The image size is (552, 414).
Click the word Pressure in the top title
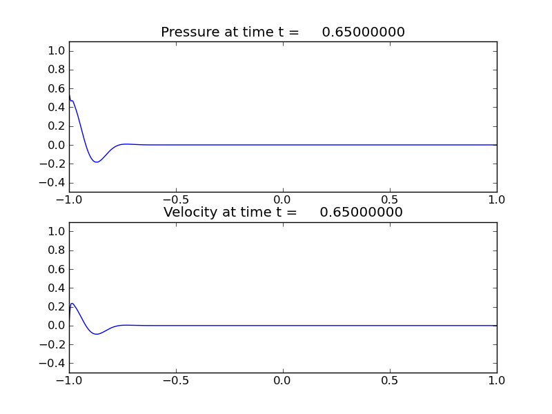(188, 32)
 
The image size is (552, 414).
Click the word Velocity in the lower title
(190, 213)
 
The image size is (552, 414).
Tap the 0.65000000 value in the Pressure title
(363, 32)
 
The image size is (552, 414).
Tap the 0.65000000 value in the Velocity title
(361, 213)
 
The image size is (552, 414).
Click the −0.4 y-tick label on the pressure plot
(54, 183)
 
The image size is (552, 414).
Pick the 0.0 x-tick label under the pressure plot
(283, 200)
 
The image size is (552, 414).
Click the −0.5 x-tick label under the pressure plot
(175, 200)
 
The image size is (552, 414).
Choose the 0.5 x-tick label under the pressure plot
(390, 200)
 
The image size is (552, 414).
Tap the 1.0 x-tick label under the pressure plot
(497, 200)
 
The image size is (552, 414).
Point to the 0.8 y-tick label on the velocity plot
(57, 250)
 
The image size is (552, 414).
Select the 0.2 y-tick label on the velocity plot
(57, 306)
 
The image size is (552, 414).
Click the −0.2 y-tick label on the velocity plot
(54, 344)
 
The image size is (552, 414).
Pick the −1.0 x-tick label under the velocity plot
(68, 380)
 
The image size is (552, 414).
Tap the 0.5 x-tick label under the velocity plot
(390, 380)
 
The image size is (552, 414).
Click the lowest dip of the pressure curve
(97, 162)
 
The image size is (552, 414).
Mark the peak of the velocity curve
(72, 303)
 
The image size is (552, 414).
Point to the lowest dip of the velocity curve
(97, 334)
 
